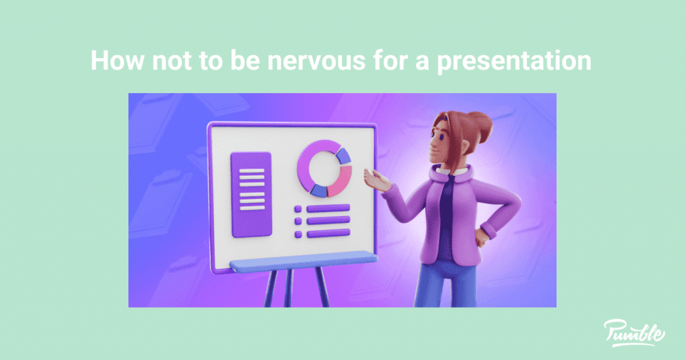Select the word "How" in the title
pyautogui.click(x=112, y=61)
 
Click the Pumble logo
pyautogui.click(x=633, y=332)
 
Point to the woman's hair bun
pyautogui.click(x=478, y=122)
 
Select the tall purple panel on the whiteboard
pyautogui.click(x=252, y=194)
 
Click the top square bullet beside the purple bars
pyautogui.click(x=298, y=209)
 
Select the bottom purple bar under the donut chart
pyautogui.click(x=328, y=233)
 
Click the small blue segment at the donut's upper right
pyautogui.click(x=344, y=155)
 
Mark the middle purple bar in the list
pyautogui.click(x=328, y=221)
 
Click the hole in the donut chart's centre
pyautogui.click(x=324, y=168)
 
